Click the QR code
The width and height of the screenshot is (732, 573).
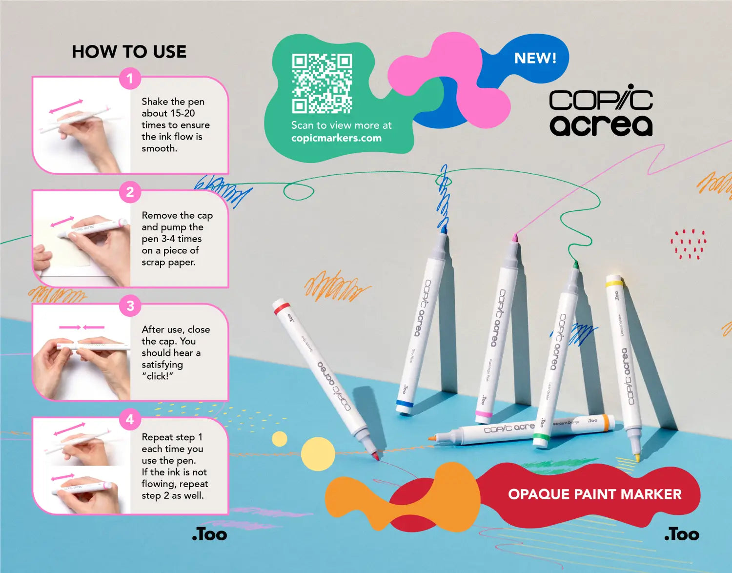322,83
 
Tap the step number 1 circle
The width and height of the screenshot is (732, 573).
130,79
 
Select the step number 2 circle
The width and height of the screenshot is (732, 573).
130,192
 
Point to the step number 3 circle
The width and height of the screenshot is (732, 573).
130,306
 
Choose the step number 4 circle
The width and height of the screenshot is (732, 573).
130,420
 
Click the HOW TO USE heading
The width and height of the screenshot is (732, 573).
129,52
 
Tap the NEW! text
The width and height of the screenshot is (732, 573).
535,59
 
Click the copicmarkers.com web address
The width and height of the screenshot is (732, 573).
336,138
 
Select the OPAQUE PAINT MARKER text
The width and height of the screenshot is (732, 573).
594,494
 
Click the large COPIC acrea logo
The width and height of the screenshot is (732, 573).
601,113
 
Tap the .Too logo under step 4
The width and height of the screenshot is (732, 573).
209,534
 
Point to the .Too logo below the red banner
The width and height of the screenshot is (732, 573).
681,534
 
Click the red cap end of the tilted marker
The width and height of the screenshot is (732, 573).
282,308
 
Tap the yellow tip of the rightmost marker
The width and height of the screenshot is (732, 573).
637,457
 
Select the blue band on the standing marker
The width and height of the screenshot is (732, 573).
405,404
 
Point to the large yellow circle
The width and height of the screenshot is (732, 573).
318,454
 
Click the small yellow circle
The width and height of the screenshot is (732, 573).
279,439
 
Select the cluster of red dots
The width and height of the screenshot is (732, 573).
688,244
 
